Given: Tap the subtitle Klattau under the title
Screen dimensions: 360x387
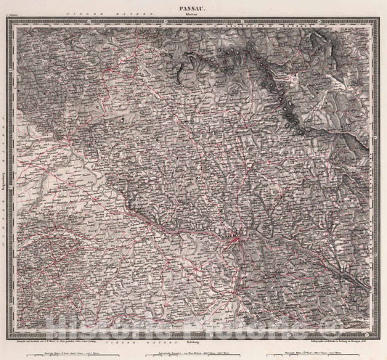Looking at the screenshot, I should (x=192, y=13).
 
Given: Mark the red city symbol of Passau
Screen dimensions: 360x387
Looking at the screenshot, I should (x=233, y=237).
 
